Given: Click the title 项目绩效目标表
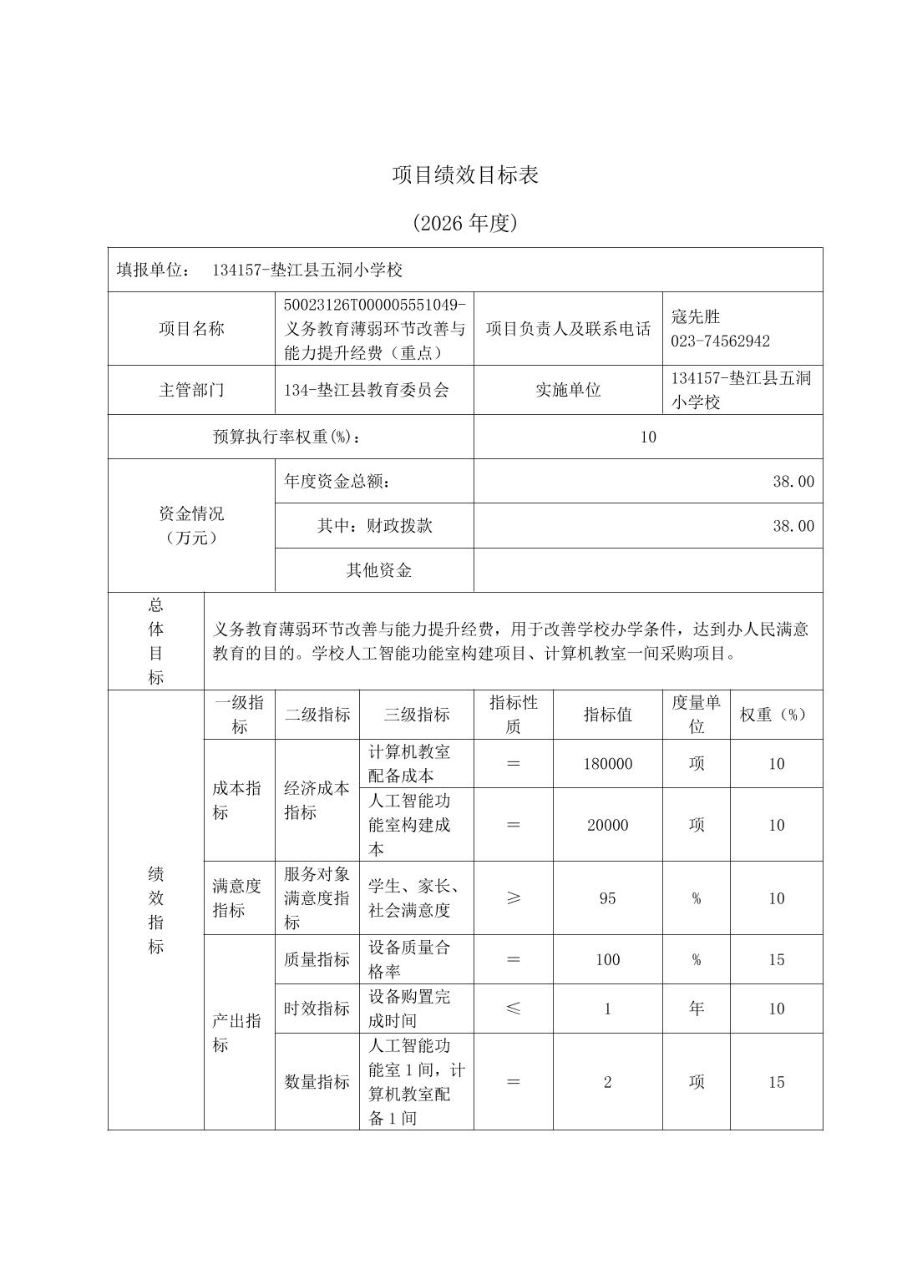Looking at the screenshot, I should [x=465, y=174].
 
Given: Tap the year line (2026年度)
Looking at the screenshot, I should [x=465, y=223].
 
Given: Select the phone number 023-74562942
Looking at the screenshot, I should [x=720, y=341].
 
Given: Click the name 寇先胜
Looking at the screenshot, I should [x=695, y=316].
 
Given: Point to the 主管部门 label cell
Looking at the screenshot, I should [x=191, y=390].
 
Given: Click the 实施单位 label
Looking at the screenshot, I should [x=568, y=390].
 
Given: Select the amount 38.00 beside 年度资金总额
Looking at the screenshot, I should [x=793, y=481].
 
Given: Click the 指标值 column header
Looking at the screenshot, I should [x=607, y=715].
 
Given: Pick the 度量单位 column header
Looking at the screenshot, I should [x=696, y=715].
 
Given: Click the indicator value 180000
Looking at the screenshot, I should [x=607, y=764].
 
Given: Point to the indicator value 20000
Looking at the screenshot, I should [x=607, y=825].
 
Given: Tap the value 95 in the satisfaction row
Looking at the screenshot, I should [x=607, y=898].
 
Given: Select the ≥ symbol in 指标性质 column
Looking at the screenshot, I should [x=513, y=898].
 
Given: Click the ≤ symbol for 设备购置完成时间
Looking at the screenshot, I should [x=513, y=1009].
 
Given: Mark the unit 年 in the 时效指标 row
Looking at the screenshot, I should [x=696, y=1009].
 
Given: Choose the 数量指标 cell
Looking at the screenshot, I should [x=317, y=1082].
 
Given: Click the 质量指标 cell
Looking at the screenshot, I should [x=317, y=959].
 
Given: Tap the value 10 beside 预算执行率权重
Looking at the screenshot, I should [x=648, y=437].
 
